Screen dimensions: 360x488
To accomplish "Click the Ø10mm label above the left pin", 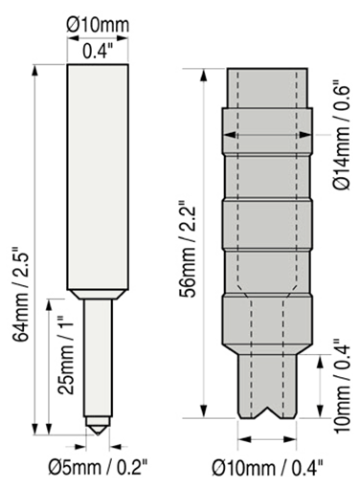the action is [98, 25].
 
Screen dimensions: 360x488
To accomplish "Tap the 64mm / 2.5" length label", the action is [22, 294].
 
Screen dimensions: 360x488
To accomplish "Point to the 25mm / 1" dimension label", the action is [65, 355].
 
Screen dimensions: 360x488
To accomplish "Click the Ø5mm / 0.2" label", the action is [98, 467].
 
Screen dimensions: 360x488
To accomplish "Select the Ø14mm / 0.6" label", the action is [343, 137].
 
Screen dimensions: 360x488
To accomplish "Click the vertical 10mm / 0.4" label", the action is [343, 385].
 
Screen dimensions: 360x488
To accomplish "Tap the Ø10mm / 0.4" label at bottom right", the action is [267, 468].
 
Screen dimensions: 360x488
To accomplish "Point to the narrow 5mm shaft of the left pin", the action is [98, 358].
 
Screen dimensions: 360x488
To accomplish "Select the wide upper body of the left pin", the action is [98, 177].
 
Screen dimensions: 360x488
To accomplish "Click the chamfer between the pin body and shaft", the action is [98, 295].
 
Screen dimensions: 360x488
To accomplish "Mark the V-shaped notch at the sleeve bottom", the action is [267, 411].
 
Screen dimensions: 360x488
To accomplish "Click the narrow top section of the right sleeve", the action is [267, 88].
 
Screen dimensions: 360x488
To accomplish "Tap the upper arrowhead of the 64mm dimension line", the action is [35, 71].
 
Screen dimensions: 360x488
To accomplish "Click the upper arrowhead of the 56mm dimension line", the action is [204, 75].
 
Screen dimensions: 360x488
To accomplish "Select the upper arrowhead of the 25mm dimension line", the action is [49, 304].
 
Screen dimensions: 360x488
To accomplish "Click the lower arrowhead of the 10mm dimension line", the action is [320, 411].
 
